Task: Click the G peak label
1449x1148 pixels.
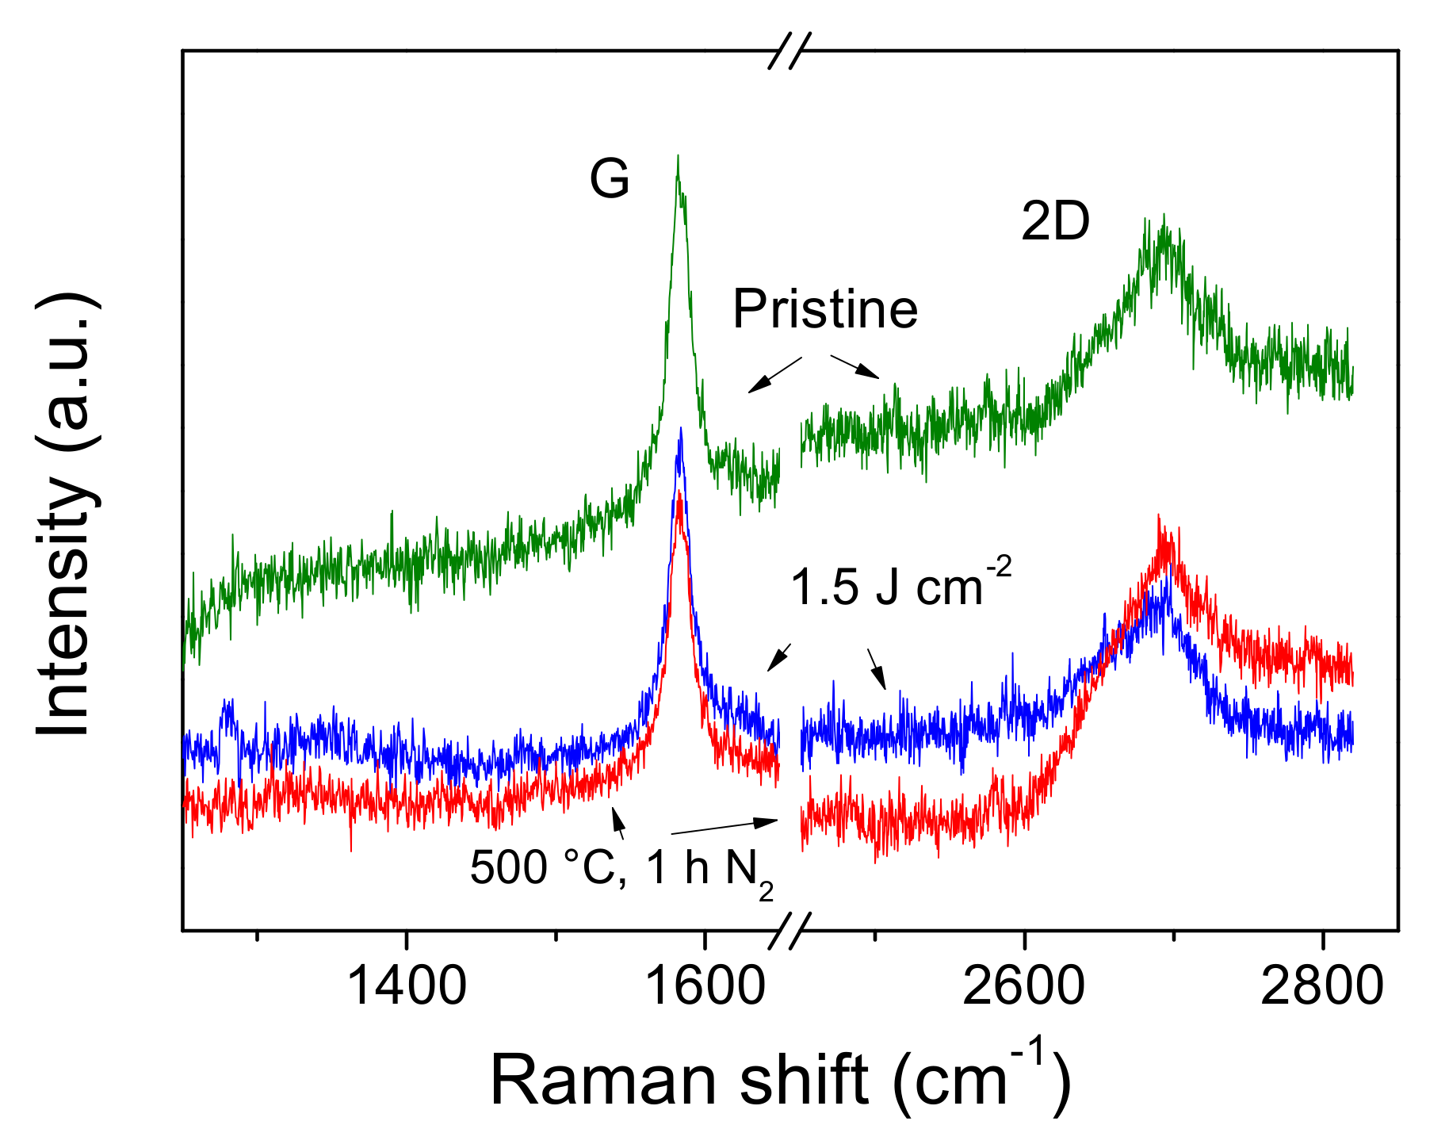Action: [x=609, y=179]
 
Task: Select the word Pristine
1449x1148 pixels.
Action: [x=824, y=309]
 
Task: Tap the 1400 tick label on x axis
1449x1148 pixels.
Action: [x=407, y=986]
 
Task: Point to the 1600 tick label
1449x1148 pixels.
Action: [x=705, y=986]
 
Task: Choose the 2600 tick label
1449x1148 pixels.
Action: [x=1023, y=986]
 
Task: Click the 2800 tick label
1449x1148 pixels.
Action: [x=1321, y=986]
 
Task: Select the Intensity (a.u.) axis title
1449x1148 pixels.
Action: [x=67, y=515]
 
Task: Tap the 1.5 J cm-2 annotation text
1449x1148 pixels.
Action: [x=900, y=587]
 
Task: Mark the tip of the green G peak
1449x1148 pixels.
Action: [x=678, y=157]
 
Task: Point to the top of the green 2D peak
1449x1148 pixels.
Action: [x=1163, y=216]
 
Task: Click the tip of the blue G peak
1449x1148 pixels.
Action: [x=680, y=430]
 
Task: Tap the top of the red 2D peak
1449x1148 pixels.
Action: [x=1159, y=517]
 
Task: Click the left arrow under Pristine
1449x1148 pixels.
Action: [x=774, y=374]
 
